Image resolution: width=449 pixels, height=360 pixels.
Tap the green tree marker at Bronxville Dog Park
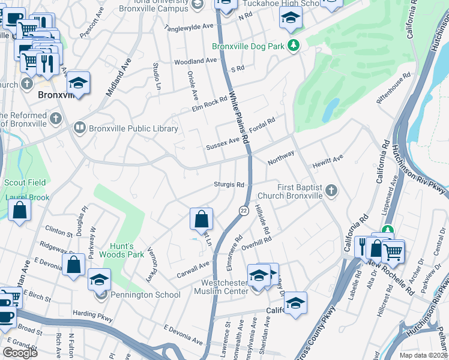294,46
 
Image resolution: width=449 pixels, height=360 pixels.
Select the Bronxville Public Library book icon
79,128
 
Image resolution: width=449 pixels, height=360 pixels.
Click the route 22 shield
244,210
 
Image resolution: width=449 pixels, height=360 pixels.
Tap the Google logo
20,352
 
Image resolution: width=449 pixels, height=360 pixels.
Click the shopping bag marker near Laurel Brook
20,211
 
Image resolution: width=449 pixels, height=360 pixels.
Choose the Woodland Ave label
196,61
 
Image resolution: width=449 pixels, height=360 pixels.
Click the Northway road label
281,158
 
